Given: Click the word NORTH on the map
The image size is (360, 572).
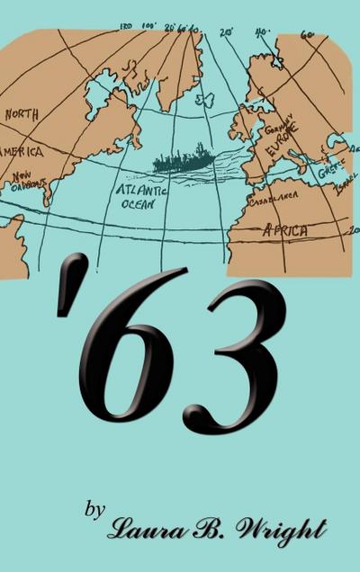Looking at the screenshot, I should [22, 114].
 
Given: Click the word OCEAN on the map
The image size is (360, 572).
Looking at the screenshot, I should [139, 205].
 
